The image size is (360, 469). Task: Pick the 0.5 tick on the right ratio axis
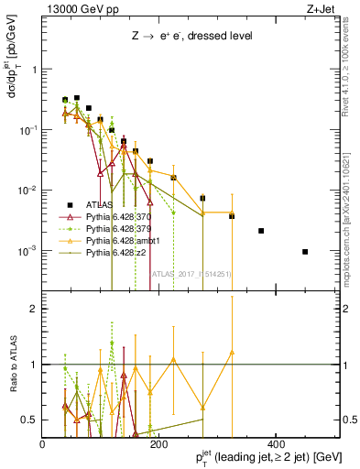point(348,420)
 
